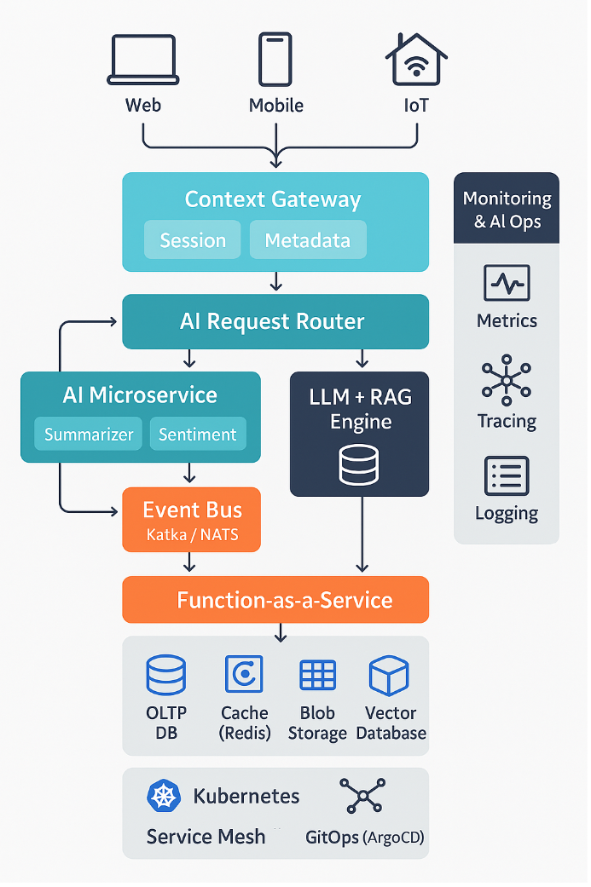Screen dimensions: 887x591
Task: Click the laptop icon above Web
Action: [142, 60]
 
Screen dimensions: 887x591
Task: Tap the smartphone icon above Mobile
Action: [275, 60]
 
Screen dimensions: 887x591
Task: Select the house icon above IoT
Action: [416, 60]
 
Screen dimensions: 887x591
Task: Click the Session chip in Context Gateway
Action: [193, 240]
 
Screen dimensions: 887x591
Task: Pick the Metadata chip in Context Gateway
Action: [307, 240]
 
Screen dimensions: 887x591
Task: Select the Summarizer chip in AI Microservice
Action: [89, 435]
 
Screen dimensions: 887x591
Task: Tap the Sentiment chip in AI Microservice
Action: [197, 435]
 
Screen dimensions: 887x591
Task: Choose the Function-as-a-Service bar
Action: [275, 600]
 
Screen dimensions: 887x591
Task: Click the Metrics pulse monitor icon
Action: [507, 283]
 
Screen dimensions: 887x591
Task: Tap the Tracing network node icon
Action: [507, 380]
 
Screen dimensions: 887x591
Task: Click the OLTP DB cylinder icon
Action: [166, 676]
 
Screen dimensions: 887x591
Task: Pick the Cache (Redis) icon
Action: [244, 675]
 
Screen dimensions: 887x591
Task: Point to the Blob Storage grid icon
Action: [317, 675]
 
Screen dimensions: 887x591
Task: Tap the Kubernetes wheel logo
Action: [165, 796]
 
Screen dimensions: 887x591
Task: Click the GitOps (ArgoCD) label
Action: [364, 838]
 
